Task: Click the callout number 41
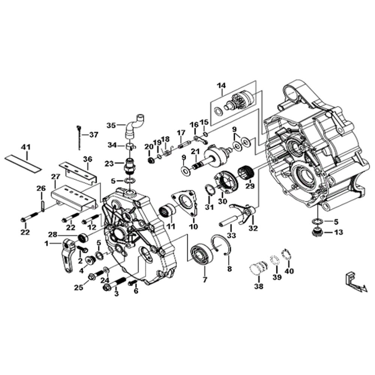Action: click(x=26, y=147)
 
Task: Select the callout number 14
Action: click(x=222, y=85)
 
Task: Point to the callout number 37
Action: click(x=93, y=135)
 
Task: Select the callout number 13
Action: click(x=339, y=232)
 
